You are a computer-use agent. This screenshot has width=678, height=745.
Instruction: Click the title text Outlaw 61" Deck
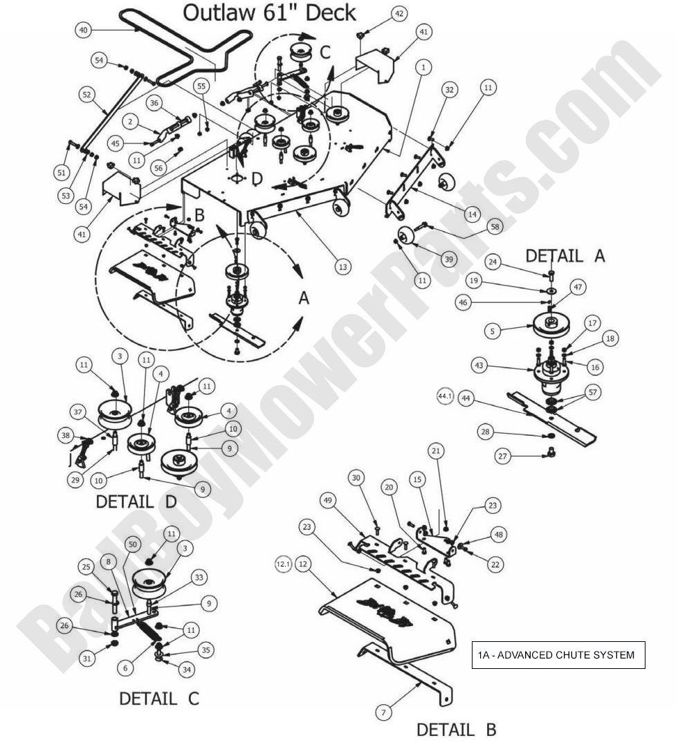(270, 12)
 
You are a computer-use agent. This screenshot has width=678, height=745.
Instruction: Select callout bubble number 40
(83, 30)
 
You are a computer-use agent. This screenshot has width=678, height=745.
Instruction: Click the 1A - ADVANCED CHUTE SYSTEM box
(559, 654)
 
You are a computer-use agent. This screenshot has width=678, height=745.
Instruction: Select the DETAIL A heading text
(565, 256)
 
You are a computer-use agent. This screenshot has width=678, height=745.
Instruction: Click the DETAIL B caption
(456, 729)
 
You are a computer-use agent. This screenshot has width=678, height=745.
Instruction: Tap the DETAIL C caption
(158, 699)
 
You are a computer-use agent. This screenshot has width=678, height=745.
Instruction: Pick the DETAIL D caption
(135, 502)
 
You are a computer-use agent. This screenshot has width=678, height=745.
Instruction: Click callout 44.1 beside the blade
(445, 396)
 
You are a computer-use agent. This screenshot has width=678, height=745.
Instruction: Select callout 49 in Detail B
(328, 499)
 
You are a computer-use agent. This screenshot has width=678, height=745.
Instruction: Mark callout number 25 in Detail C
(86, 567)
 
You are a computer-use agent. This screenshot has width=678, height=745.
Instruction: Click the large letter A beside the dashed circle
(303, 297)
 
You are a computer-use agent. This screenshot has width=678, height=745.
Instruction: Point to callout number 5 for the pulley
(492, 331)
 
